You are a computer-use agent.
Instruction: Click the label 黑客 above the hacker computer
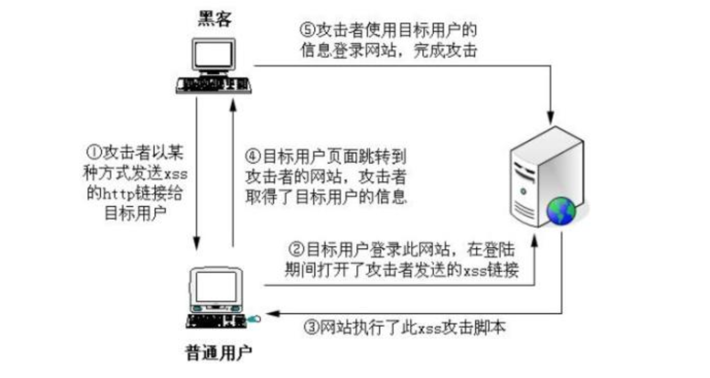pos(215,19)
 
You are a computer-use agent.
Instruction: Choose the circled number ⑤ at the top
pos(308,29)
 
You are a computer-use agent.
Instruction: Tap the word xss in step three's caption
pos(427,328)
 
